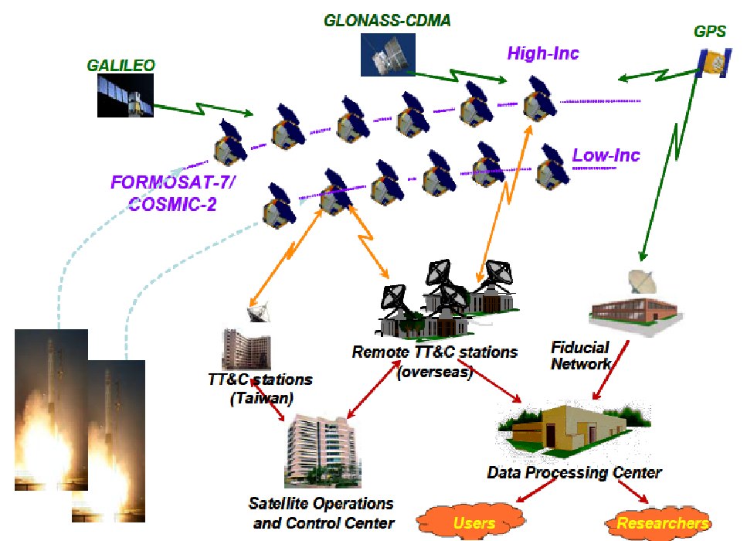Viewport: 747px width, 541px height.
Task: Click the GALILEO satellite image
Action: [123, 97]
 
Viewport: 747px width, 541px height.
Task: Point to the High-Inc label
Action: [543, 53]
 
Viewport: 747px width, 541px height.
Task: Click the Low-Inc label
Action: [606, 155]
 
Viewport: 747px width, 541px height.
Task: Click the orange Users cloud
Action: [473, 522]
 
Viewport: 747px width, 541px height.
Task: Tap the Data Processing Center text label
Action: [574, 471]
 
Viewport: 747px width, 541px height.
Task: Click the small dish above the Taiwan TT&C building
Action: [259, 312]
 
